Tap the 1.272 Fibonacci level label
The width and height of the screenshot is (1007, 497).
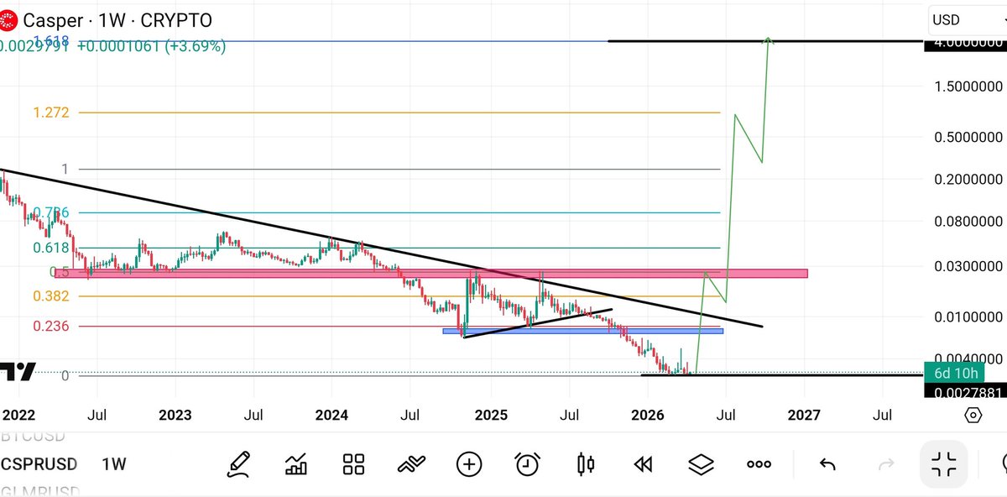[51, 112]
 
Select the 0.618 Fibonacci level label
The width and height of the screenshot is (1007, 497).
[50, 248]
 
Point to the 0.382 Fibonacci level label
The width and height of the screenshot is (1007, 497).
[50, 296]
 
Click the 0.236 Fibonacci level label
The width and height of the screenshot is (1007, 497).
[50, 326]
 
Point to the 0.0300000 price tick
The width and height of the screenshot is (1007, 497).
[968, 266]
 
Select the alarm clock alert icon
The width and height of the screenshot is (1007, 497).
[527, 463]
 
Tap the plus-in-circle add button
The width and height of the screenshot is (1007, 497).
[468, 463]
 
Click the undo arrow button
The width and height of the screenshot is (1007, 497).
[827, 463]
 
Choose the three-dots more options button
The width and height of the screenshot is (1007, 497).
[759, 463]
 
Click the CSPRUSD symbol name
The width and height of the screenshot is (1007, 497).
[39, 463]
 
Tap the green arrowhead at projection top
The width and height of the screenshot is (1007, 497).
[768, 40]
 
